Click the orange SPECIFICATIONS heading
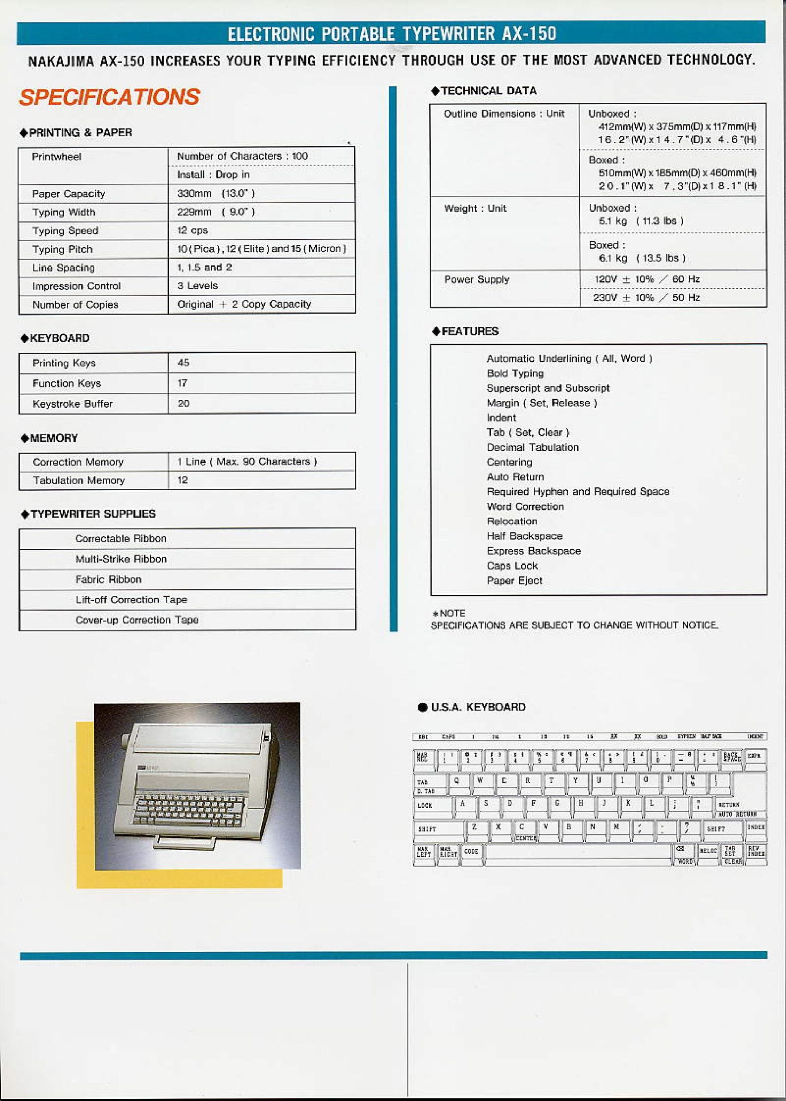click(109, 97)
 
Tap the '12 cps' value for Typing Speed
click(192, 231)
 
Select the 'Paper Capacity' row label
click(68, 194)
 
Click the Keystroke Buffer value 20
click(183, 404)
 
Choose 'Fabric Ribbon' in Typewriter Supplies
click(108, 579)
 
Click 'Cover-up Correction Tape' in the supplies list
click(136, 620)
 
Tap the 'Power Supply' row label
click(477, 280)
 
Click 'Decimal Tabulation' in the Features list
click(532, 447)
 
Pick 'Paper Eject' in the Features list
click(514, 581)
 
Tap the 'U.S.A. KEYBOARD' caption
click(477, 707)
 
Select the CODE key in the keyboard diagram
click(471, 852)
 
